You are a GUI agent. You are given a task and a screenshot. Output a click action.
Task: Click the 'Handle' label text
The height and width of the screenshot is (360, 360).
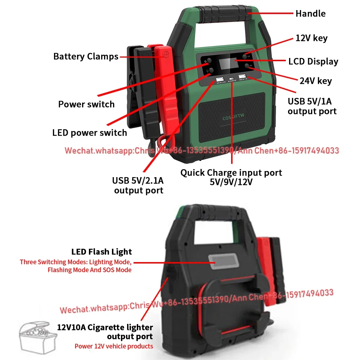tap(310, 14)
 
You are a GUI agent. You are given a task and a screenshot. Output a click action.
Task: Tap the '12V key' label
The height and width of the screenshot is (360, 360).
tap(311, 38)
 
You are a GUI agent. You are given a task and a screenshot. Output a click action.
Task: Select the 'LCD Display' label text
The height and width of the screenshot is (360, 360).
tap(313, 62)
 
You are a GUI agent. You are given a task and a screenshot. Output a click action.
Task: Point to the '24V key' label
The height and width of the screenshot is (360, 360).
tap(316, 81)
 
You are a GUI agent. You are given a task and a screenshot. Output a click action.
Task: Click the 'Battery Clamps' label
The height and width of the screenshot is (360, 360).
tap(86, 57)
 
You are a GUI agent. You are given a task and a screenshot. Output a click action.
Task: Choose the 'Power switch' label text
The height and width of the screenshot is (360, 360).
tap(86, 104)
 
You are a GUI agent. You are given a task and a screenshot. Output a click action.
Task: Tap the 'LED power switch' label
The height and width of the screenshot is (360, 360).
tap(90, 132)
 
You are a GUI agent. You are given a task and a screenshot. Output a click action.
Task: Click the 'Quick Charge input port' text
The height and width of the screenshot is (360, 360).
tap(231, 173)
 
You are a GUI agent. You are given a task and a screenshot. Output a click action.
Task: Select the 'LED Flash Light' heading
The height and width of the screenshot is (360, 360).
tap(102, 252)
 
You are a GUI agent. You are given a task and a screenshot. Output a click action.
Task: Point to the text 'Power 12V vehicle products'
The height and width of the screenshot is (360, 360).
tap(114, 346)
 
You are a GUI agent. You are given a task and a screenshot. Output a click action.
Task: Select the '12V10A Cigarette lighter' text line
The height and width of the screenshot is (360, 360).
tap(105, 327)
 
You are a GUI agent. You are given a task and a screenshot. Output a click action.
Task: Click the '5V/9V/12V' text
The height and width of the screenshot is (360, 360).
tap(231, 182)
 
